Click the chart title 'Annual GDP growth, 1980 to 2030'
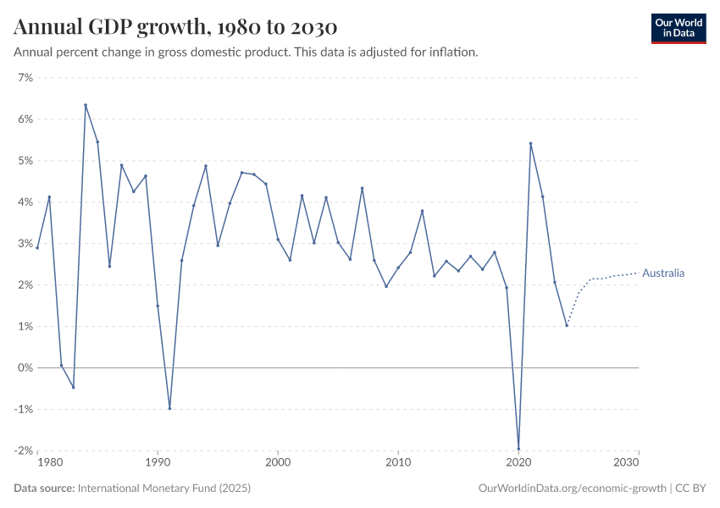175,27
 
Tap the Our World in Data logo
678,28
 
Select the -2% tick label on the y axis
23,450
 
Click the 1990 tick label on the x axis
158,463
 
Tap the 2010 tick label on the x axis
398,463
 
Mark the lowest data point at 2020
518,449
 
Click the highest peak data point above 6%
86,105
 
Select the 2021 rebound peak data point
530,143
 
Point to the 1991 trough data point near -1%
169,408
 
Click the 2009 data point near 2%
386,286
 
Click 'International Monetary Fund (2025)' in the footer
163,489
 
